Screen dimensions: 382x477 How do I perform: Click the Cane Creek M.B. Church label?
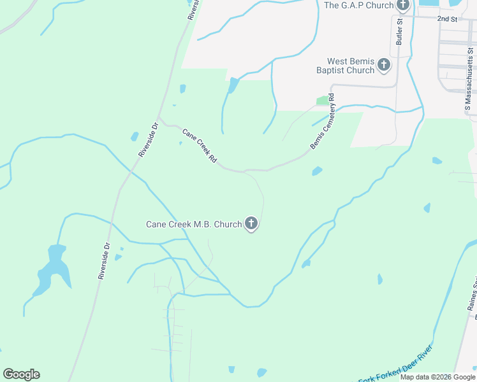click(194, 224)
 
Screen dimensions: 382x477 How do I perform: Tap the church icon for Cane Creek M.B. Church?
click(251, 223)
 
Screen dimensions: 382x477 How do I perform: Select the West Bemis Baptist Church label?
click(345, 66)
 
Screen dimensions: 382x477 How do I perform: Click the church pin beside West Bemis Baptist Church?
click(384, 64)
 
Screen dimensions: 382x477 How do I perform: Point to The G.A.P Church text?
click(358, 5)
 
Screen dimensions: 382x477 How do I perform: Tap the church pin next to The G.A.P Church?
click(402, 5)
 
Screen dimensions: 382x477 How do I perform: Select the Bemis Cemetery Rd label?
click(323, 122)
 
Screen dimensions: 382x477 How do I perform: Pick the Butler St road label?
click(400, 31)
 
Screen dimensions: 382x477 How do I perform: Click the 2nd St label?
click(448, 19)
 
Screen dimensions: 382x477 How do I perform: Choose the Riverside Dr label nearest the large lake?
click(104, 261)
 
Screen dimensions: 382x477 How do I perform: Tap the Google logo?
click(21, 374)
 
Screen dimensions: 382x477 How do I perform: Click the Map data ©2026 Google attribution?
click(437, 377)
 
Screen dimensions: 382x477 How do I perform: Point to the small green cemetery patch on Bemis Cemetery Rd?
click(323, 101)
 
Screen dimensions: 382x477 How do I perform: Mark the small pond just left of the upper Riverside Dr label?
click(135, 136)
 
